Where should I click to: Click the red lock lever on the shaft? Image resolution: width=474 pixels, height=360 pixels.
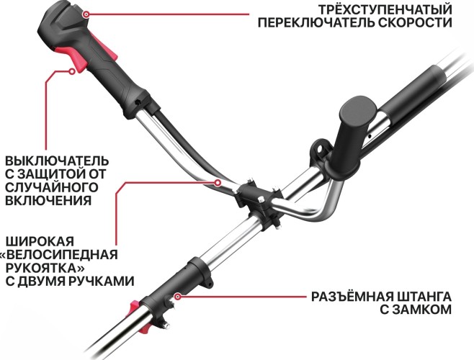[x=134, y=307]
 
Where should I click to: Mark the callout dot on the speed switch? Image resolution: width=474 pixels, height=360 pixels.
[x=86, y=12]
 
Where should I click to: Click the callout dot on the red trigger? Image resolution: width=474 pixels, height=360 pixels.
[x=72, y=70]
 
